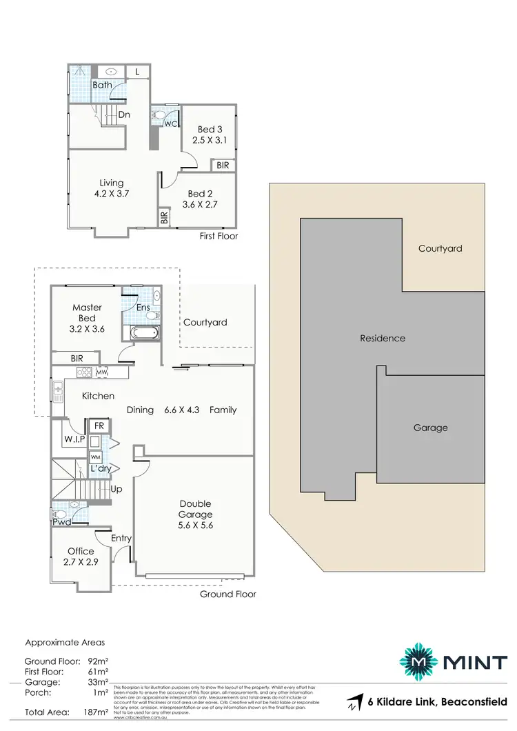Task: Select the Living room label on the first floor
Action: (111, 183)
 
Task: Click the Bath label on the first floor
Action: (83, 85)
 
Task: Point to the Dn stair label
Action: (124, 116)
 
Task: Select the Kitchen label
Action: (98, 396)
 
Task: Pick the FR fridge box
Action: (99, 426)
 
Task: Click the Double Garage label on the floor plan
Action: (194, 509)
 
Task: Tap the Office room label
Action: (81, 551)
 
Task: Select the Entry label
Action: (121, 538)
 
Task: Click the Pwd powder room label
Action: (61, 522)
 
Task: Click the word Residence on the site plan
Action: (383, 338)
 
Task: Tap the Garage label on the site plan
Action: (430, 428)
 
